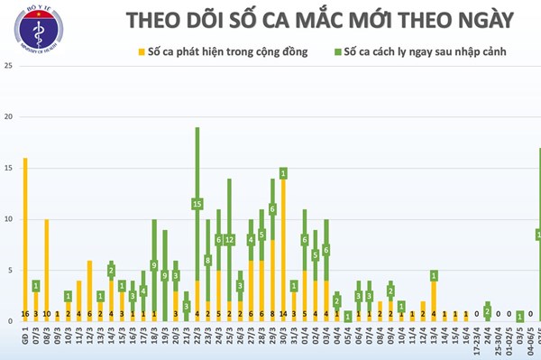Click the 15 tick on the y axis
coord(7,168)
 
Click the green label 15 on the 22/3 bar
coord(197,204)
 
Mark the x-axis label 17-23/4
coord(476,345)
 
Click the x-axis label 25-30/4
coord(498,345)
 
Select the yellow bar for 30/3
coord(283,244)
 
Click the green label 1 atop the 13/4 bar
coord(434,276)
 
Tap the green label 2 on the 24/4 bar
coord(487,311)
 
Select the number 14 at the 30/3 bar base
coord(283,315)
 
